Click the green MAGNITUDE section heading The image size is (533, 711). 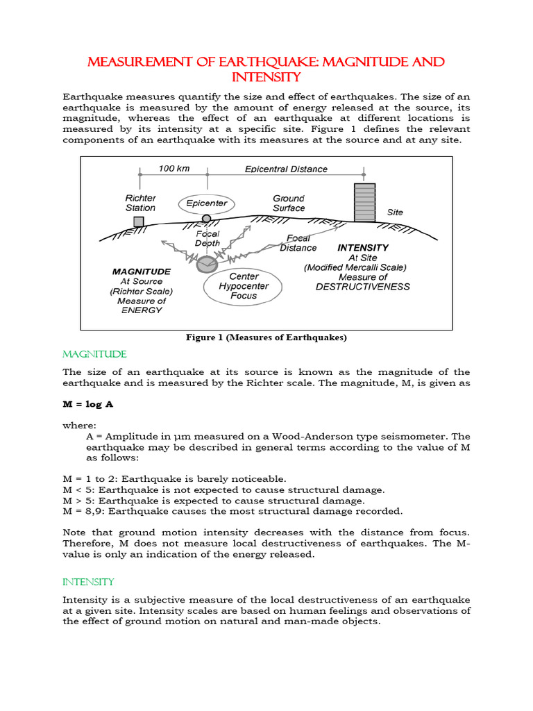[94, 355]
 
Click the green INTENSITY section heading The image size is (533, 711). [88, 582]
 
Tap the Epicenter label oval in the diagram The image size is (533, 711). [207, 204]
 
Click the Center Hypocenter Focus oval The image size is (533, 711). [243, 286]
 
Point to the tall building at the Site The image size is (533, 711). [364, 202]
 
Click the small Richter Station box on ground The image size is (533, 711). [139, 221]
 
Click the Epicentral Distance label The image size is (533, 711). [286, 169]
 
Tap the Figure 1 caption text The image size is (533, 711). [266, 337]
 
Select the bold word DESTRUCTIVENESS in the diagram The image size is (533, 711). [362, 287]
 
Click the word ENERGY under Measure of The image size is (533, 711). [141, 310]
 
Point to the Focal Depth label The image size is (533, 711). [208, 239]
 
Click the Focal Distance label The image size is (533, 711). [298, 243]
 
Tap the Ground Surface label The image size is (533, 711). [289, 203]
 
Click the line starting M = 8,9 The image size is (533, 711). [232, 511]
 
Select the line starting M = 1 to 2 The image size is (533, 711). [174, 478]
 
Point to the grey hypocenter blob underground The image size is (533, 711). [206, 264]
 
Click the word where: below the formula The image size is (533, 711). [80, 425]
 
